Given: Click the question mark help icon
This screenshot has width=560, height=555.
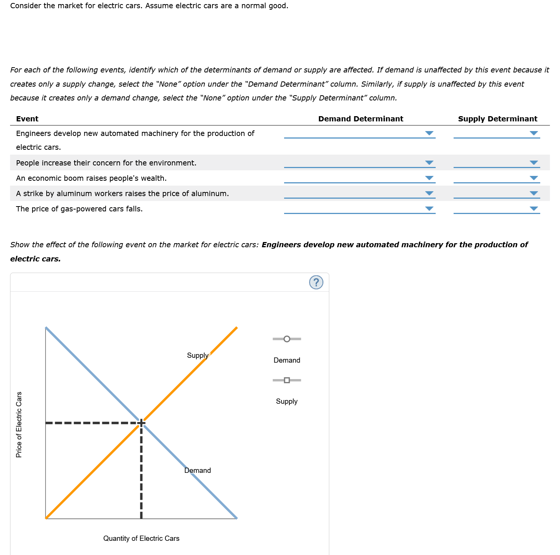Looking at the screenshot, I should click(316, 282).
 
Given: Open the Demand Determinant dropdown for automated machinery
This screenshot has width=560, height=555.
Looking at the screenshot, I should click(360, 133).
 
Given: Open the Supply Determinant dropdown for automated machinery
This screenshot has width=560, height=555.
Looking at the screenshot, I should click(497, 133).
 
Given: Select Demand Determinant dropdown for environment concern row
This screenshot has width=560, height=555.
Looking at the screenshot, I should click(360, 163).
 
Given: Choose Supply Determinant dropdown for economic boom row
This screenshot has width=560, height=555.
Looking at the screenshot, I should click(497, 178).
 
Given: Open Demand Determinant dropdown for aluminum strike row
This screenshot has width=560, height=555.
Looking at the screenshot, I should click(360, 193).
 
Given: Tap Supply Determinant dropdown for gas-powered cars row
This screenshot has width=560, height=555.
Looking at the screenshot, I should click(497, 209).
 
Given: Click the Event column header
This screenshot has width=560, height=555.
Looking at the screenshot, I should click(27, 119).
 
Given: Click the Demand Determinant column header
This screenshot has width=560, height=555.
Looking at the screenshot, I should click(361, 119).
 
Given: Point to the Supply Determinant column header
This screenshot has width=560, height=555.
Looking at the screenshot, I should click(498, 119).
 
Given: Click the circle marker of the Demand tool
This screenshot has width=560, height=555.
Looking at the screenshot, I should click(287, 339).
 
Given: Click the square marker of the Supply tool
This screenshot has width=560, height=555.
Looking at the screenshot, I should click(287, 380).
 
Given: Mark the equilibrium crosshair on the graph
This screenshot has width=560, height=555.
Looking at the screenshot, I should click(141, 423).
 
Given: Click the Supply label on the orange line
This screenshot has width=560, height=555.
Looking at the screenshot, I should click(197, 356).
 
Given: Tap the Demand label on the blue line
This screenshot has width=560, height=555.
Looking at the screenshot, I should click(197, 471).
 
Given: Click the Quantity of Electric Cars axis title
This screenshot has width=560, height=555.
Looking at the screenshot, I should click(141, 539).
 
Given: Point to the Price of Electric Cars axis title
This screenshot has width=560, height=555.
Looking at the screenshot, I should click(19, 424).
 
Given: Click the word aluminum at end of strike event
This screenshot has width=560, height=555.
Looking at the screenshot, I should click(212, 193).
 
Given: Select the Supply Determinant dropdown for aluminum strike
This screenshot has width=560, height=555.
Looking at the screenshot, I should click(497, 193).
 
